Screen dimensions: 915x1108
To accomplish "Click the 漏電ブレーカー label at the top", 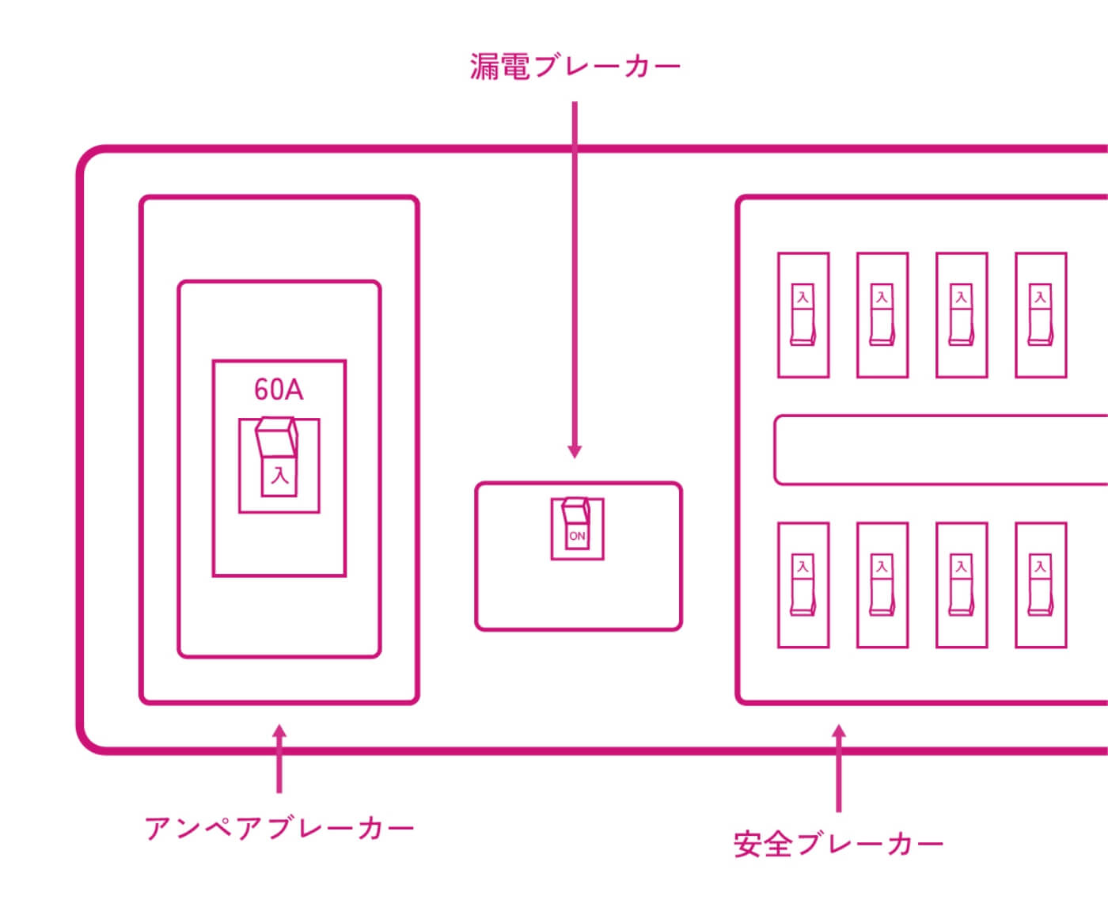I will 575,66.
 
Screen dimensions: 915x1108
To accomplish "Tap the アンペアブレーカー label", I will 279,829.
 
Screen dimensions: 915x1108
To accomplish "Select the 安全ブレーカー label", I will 838,845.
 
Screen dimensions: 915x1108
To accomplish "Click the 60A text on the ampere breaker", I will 279,389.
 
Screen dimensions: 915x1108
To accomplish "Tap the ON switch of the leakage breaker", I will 577,522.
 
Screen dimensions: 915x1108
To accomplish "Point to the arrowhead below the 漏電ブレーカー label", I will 575,450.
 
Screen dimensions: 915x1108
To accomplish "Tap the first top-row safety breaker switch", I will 803,315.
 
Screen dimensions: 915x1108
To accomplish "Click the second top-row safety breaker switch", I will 882,315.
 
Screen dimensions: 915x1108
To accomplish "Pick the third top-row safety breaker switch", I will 962,315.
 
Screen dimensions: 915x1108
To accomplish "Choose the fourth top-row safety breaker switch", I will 1041,315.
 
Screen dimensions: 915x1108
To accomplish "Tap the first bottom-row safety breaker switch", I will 803,585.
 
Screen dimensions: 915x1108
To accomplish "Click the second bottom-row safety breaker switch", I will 882,585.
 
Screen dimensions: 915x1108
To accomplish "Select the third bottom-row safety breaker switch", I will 962,585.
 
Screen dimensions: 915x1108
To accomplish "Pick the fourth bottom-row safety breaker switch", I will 1041,585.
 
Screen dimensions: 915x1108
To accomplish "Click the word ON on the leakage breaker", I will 577,536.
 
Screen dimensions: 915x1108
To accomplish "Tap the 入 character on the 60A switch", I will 279,476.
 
